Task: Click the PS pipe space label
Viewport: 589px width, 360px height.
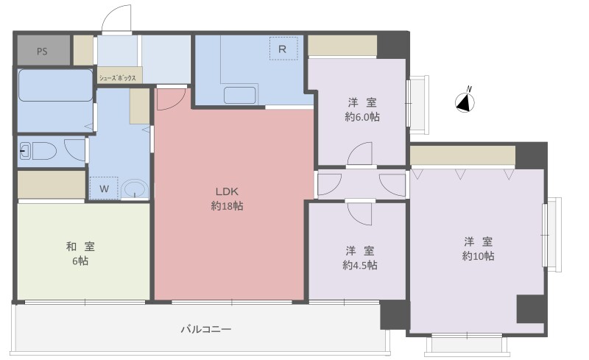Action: (x=42, y=51)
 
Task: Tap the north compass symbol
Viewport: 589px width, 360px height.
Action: (x=465, y=102)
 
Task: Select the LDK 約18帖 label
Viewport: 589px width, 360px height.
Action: (x=227, y=199)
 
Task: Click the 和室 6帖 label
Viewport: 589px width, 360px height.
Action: (x=80, y=254)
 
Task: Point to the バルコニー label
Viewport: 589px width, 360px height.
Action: (x=206, y=330)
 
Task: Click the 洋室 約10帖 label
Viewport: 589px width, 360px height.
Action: (x=478, y=248)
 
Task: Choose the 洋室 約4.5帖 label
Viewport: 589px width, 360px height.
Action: (x=360, y=258)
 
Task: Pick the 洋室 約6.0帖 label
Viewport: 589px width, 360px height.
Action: (x=362, y=110)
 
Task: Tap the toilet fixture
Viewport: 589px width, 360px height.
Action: (x=38, y=151)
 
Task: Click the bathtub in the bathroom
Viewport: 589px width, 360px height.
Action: (x=55, y=85)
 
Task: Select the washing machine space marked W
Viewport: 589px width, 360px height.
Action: (x=104, y=188)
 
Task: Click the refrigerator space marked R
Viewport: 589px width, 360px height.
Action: (x=283, y=49)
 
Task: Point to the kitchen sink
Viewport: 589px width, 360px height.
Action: (x=240, y=95)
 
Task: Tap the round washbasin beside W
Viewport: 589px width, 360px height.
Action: (x=135, y=189)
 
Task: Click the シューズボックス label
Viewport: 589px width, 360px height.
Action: (x=117, y=79)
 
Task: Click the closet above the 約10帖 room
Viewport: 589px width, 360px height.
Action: (x=462, y=155)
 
